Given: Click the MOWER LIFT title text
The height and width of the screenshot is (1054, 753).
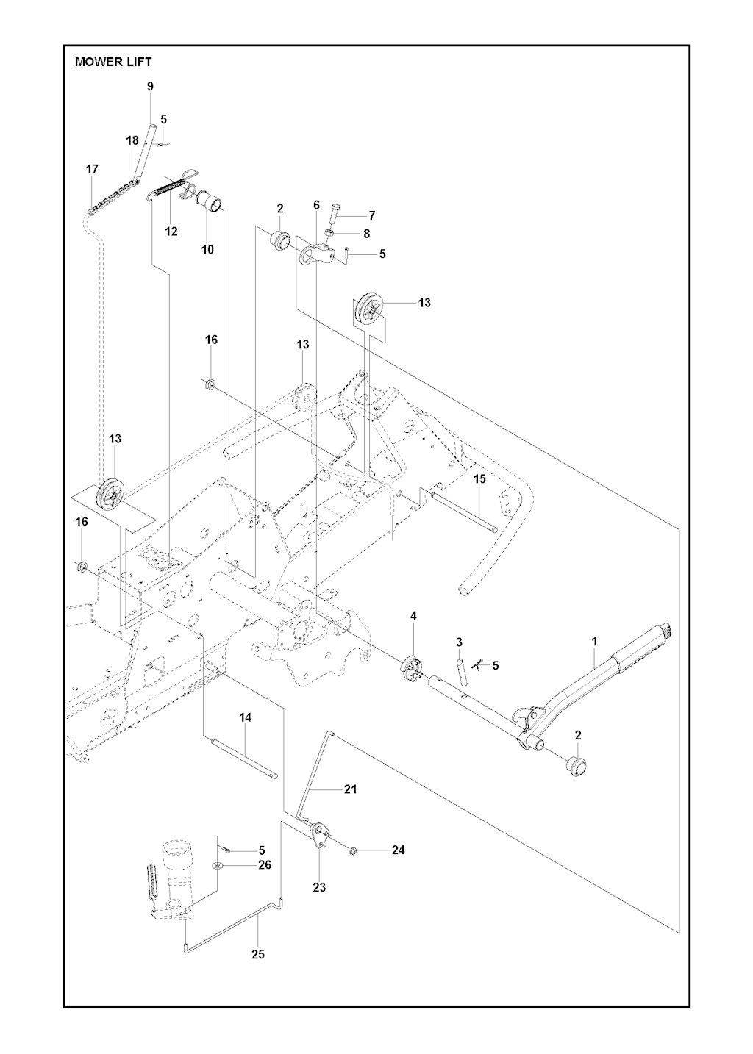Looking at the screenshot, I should [113, 62].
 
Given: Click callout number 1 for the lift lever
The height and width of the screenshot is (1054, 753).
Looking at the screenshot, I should [595, 642].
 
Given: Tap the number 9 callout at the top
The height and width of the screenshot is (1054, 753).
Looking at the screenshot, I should [151, 87].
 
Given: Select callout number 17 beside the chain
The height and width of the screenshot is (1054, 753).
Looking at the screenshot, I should [92, 169].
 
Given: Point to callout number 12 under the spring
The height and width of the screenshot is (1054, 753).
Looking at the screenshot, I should [171, 232].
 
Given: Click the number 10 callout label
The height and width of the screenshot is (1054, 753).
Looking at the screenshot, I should [208, 249].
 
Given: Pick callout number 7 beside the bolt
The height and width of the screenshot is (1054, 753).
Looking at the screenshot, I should [372, 215].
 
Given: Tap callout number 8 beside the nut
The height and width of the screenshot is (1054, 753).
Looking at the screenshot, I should [366, 233].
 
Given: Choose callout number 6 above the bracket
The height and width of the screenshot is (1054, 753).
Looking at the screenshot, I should [316, 205].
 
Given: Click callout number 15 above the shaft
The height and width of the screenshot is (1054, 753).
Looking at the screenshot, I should [479, 478].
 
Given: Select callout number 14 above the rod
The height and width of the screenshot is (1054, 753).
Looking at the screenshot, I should [246, 717].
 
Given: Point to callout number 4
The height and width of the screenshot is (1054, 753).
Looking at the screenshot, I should [413, 615].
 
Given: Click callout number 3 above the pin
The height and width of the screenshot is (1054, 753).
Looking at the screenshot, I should [459, 642].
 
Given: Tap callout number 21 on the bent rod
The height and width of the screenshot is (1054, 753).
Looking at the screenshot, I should [351, 789].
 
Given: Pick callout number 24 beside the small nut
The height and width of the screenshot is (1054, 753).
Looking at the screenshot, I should [398, 850].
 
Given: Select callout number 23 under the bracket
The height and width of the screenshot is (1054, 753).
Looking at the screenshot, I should [319, 887].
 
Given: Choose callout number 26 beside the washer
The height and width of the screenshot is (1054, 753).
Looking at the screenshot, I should [265, 865].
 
